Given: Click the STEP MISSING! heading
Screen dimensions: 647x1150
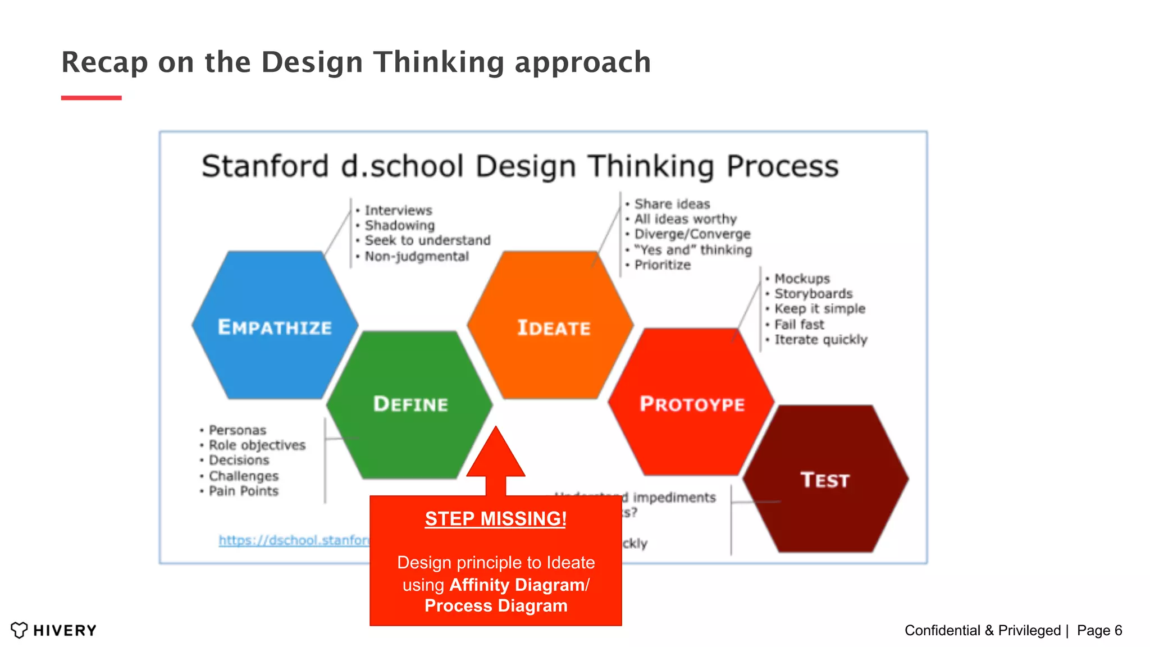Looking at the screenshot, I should coord(495,518).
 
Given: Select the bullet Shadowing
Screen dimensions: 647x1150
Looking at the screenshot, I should coord(399,225).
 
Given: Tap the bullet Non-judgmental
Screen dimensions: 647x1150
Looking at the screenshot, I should coord(416,256).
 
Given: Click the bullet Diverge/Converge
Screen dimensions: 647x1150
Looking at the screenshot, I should coord(692,234).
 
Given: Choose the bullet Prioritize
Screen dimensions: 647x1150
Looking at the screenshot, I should coord(662,265).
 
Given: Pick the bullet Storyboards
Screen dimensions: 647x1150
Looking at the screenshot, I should coord(813,293).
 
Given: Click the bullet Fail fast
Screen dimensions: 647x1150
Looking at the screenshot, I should coord(799,324).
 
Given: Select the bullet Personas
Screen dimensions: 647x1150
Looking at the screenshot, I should coord(237,430).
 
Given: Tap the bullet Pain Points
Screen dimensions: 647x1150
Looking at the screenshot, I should coord(243,491).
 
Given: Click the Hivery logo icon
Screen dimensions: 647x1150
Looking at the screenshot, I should coord(19,630).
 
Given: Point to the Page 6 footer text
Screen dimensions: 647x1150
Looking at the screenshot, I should coord(1099,630).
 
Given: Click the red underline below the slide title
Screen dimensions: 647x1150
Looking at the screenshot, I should coord(91,98).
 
